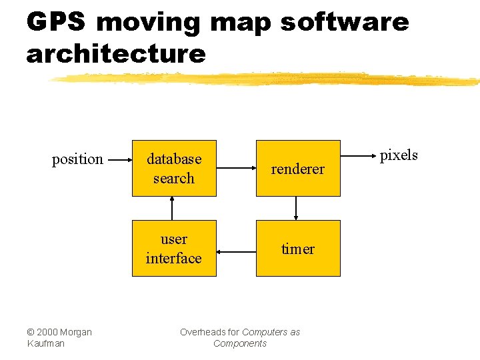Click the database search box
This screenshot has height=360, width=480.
pyautogui.click(x=174, y=168)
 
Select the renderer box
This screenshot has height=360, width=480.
pyautogui.click(x=298, y=168)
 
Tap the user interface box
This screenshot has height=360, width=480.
pyautogui.click(x=174, y=248)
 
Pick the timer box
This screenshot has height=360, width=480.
pyautogui.click(x=298, y=248)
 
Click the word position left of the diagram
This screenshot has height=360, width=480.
pyautogui.click(x=78, y=159)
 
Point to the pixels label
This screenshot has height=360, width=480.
pyautogui.click(x=399, y=155)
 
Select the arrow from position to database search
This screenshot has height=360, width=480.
pyautogui.click(x=119, y=160)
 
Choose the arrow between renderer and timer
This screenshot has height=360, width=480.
pyautogui.click(x=296, y=208)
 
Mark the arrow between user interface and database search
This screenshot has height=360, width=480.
pyautogui.click(x=173, y=208)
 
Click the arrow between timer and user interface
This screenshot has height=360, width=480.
pyautogui.click(x=236, y=252)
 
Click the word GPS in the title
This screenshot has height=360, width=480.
pyautogui.click(x=56, y=22)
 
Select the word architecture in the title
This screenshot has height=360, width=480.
pyautogui.click(x=116, y=53)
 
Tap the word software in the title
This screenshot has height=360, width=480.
pyautogui.click(x=344, y=22)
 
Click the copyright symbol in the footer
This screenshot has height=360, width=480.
pyautogui.click(x=31, y=332)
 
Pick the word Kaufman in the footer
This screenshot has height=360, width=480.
pyautogui.click(x=46, y=343)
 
